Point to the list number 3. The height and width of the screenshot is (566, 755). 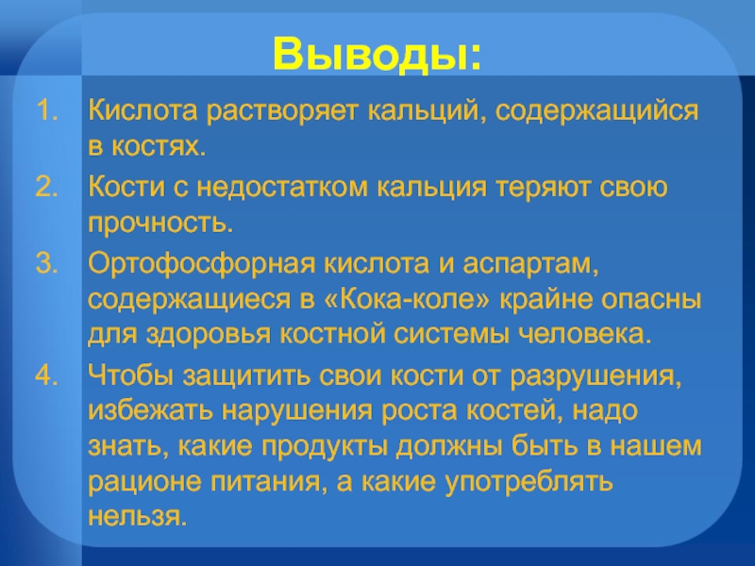click(x=47, y=265)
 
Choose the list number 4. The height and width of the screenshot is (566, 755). click(x=47, y=375)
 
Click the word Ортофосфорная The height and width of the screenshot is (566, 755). click(x=185, y=265)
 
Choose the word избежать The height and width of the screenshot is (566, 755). click(x=148, y=410)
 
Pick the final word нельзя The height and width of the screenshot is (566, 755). click(x=138, y=518)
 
